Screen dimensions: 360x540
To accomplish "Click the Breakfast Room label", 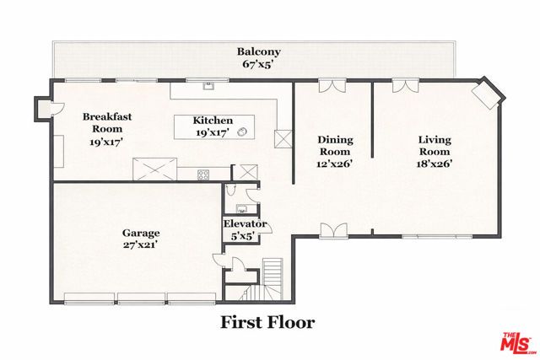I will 106,123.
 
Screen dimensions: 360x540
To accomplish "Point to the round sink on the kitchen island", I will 243,131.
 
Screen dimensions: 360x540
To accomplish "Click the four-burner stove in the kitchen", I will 204,175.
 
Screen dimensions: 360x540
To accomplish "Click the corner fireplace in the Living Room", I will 488,94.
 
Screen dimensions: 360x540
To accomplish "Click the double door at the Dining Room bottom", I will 333,230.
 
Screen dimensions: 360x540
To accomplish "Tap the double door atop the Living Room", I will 405,86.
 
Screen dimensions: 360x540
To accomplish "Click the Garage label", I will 141,232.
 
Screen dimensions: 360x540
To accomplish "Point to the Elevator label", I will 245,224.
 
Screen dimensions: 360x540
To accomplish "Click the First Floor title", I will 267,322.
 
